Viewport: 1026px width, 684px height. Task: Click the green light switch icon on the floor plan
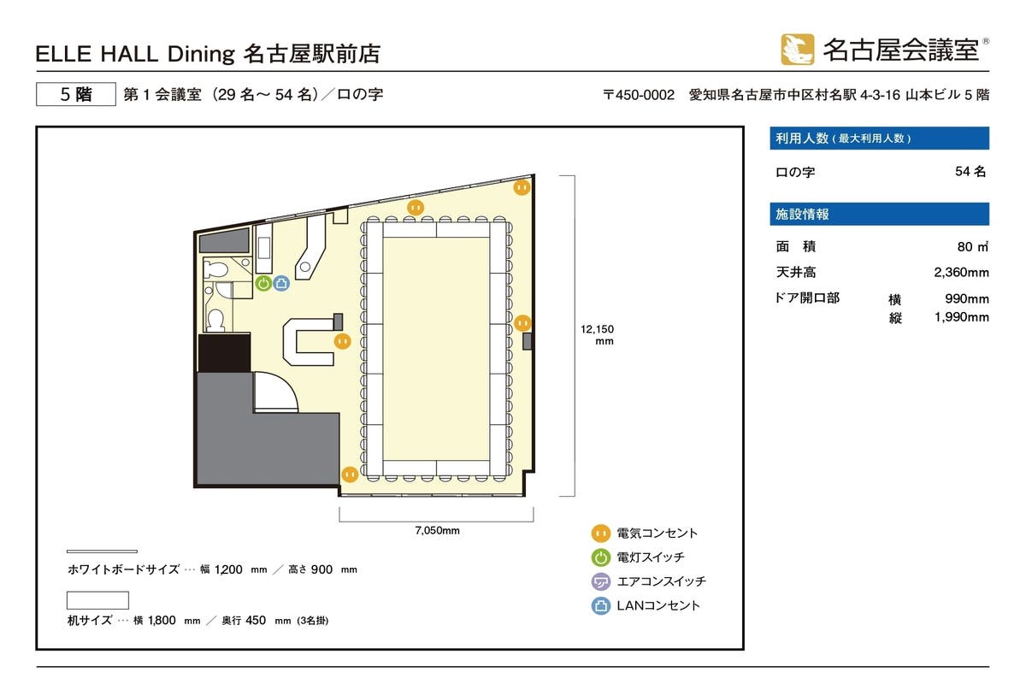pyautogui.click(x=264, y=283)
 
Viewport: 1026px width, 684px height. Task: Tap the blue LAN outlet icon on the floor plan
pyautogui.click(x=280, y=283)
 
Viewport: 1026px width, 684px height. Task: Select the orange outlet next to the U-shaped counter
pyautogui.click(x=342, y=340)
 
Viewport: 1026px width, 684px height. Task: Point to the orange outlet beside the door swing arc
pyautogui.click(x=350, y=474)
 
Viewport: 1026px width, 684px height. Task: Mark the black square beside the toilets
pyautogui.click(x=223, y=352)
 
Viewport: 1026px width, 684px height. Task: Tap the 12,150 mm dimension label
pyautogui.click(x=597, y=334)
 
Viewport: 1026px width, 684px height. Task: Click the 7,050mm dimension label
pyautogui.click(x=437, y=530)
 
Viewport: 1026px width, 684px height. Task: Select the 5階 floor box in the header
pyautogui.click(x=75, y=95)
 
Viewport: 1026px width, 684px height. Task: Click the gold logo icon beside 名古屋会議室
pyautogui.click(x=797, y=50)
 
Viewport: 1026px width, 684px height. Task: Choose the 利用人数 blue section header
pyautogui.click(x=880, y=139)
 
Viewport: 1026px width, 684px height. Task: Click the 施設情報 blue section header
pyautogui.click(x=880, y=215)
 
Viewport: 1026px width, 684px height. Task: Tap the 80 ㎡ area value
pyautogui.click(x=972, y=247)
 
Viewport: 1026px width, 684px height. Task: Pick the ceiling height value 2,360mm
pyautogui.click(x=961, y=273)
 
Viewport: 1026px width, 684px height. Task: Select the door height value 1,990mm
pyautogui.click(x=961, y=317)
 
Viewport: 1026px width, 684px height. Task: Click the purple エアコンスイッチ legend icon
pyautogui.click(x=601, y=581)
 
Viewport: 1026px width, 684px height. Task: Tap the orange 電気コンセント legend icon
pyautogui.click(x=601, y=534)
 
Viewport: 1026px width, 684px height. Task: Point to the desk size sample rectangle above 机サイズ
pyautogui.click(x=97, y=600)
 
